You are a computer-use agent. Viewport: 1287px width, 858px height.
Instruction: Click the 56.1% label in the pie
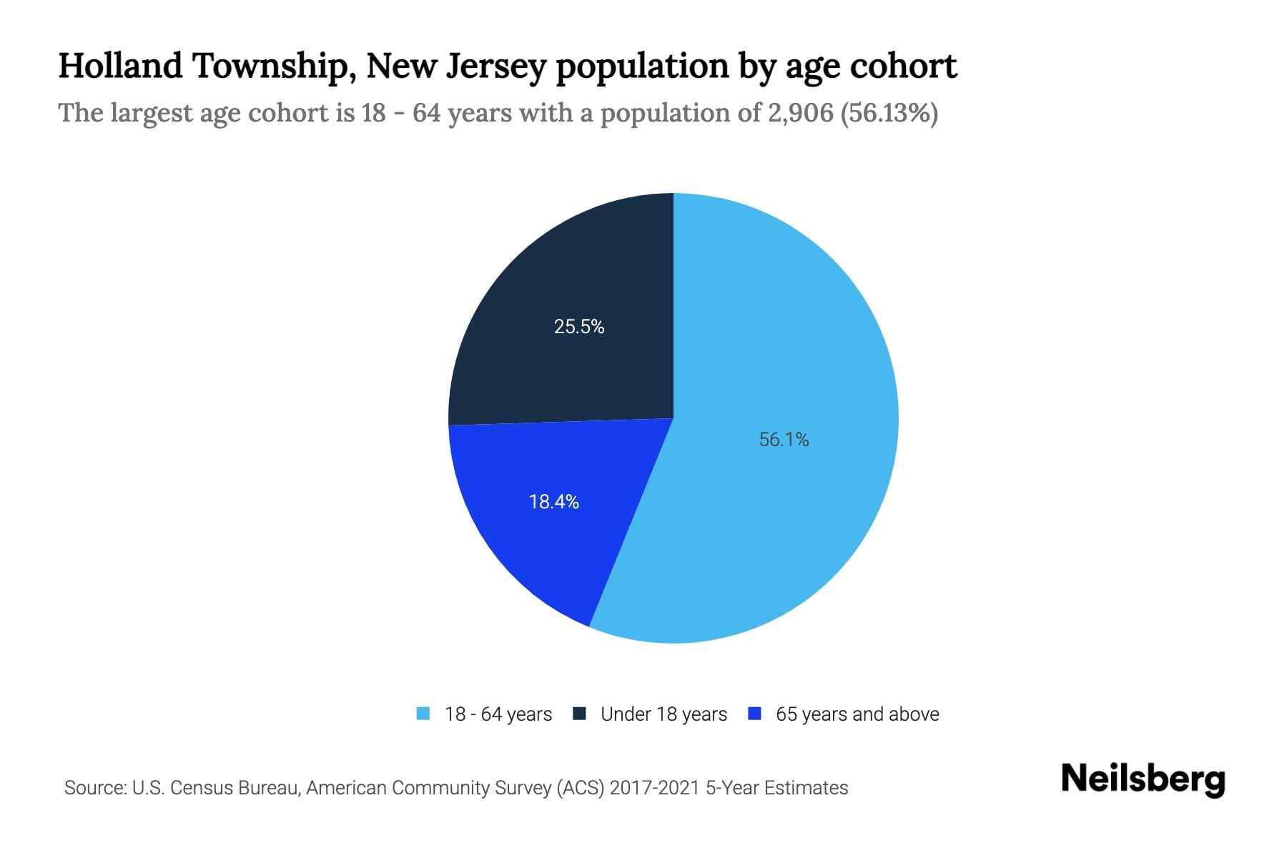784,440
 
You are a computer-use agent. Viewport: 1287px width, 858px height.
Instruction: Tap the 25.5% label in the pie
579,327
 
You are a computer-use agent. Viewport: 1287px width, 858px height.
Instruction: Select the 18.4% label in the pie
553,502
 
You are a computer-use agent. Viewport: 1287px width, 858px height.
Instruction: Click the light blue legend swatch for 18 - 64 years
423,714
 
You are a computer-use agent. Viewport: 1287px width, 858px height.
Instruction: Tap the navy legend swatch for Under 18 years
580,714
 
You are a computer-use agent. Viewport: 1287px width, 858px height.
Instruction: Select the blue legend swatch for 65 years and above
754,714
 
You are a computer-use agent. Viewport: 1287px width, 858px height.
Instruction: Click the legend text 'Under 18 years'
664,714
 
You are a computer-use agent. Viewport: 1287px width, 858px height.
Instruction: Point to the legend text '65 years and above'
857,714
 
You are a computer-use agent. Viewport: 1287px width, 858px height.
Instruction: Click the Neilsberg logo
1143,779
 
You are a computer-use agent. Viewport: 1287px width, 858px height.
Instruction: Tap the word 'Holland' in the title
120,66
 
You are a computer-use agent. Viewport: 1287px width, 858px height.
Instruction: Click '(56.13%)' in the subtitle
889,113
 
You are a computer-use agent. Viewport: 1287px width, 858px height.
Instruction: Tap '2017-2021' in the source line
655,788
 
